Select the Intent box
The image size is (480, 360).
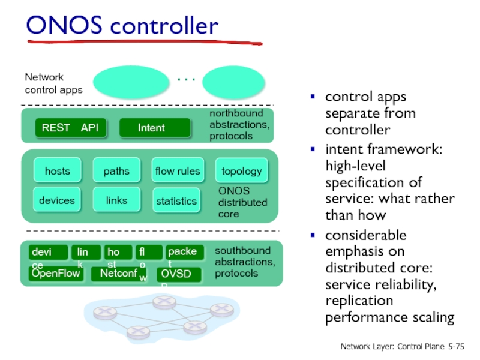154,128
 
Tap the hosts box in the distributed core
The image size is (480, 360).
57,171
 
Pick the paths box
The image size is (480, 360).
116,171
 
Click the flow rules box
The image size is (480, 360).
178,171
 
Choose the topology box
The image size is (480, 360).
241,171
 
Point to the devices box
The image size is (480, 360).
57,200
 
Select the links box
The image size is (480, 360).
116,200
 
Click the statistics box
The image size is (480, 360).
176,200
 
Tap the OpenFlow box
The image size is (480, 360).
56,274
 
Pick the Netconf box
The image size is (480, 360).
119,274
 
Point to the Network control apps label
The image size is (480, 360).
53,83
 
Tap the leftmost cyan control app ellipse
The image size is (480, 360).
127,82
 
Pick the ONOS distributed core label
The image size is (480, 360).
242,202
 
